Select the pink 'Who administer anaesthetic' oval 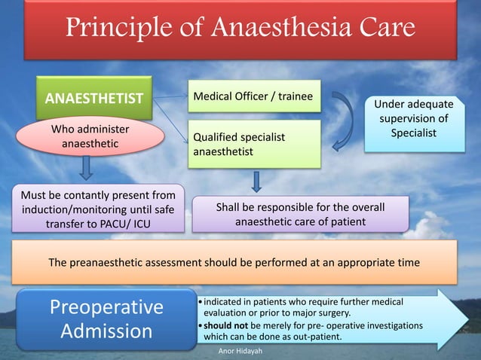click(x=90, y=136)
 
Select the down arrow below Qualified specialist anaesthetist click(x=257, y=182)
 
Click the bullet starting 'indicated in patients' click(x=302, y=307)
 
